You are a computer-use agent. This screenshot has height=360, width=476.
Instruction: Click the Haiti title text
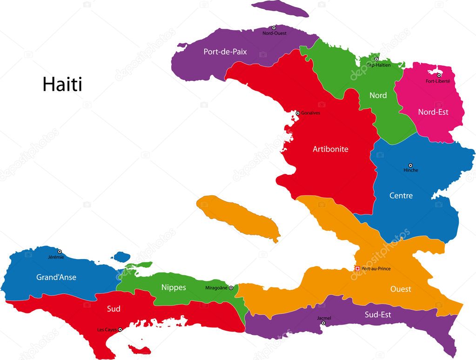(x=62, y=85)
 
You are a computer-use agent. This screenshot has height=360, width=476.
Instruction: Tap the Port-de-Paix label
(x=225, y=52)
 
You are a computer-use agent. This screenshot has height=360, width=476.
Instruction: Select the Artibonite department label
(x=330, y=149)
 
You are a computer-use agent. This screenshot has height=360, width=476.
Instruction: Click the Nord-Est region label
(x=433, y=112)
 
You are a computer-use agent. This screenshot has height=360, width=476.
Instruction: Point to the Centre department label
(x=401, y=196)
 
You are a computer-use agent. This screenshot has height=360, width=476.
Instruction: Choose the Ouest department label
(x=401, y=289)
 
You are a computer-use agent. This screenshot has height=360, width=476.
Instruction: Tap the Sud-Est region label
(x=378, y=315)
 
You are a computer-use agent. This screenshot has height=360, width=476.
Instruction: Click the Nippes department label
(x=174, y=287)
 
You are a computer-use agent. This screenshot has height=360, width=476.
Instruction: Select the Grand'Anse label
(x=56, y=277)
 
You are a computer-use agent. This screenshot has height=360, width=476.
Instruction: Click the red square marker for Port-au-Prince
(x=357, y=268)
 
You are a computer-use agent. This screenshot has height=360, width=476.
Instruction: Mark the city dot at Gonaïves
(x=298, y=113)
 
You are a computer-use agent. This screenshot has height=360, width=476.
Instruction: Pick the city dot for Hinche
(x=410, y=165)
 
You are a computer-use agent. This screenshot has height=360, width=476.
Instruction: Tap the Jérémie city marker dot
(x=60, y=252)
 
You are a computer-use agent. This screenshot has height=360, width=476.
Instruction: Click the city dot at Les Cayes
(x=120, y=330)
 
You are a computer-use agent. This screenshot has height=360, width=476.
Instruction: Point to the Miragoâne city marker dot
(x=231, y=288)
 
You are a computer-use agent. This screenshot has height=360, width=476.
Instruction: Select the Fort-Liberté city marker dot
(x=439, y=75)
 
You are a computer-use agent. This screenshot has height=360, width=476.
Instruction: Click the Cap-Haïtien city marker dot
(x=376, y=59)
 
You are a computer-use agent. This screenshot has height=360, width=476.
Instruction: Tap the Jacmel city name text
(x=324, y=318)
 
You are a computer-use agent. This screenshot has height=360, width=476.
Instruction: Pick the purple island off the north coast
(x=287, y=10)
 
